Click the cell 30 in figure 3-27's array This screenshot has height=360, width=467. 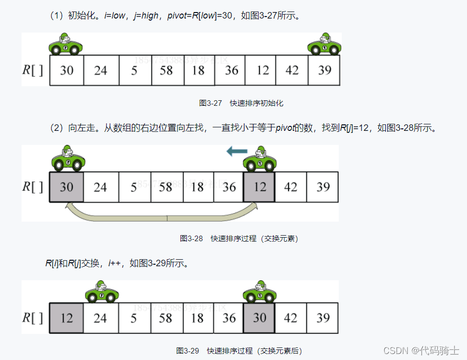[67, 70]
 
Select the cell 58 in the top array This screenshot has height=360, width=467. [167, 70]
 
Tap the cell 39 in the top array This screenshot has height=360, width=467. [325, 70]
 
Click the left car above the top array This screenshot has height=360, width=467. [66, 45]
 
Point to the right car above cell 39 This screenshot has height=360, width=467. [324, 45]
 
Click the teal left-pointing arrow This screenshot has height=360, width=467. [237, 150]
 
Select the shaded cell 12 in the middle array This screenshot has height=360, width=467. [260, 187]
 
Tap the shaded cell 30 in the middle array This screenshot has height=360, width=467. [67, 187]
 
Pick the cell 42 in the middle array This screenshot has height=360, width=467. [291, 187]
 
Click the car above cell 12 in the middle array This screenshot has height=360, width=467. [260, 159]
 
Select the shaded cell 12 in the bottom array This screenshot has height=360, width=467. [67, 318]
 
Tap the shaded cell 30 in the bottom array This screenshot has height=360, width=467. [260, 318]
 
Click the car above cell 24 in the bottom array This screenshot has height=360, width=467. [102, 291]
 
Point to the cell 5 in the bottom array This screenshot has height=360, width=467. [134, 318]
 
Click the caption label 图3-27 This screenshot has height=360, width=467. [210, 103]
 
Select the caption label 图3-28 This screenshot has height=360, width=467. [191, 239]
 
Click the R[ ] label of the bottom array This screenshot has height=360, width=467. [33, 318]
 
